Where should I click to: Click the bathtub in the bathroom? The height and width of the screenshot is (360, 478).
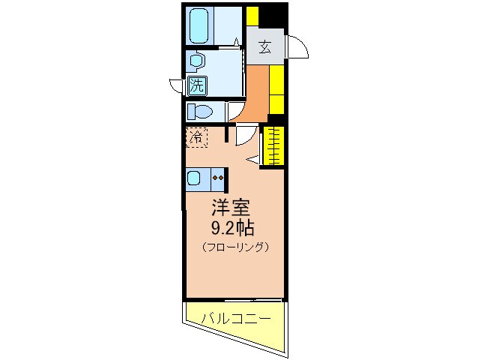(x=200, y=26)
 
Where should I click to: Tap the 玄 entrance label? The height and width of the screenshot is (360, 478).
(x=265, y=47)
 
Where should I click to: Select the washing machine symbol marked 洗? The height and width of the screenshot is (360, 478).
(x=197, y=85)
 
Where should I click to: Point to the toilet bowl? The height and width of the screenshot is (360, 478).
(x=200, y=111)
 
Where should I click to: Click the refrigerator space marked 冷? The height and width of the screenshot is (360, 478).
(x=196, y=137)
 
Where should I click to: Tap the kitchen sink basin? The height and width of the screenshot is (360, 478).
(x=193, y=178)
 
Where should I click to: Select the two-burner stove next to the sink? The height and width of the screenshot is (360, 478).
(x=218, y=178)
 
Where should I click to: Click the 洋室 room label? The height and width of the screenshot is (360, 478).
(x=231, y=208)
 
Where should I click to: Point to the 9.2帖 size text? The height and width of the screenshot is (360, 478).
(x=233, y=228)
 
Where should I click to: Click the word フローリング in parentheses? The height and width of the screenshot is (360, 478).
(x=235, y=247)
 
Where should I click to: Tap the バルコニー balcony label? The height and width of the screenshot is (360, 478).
(x=236, y=319)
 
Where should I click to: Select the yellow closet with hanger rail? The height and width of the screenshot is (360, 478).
(x=273, y=146)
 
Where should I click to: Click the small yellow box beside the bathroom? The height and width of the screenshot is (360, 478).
(x=252, y=16)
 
